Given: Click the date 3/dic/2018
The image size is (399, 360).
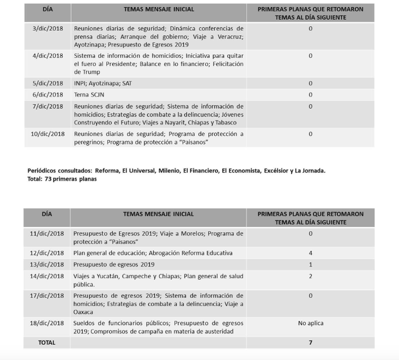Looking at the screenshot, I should click(x=47, y=28).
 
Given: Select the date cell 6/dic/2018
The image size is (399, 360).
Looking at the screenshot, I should click(x=47, y=94).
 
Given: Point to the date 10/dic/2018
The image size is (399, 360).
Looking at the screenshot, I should click(x=47, y=134).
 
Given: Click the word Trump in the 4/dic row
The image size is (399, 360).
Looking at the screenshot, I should click(x=82, y=71).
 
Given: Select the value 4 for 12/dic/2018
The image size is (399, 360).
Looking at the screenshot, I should click(x=310, y=253).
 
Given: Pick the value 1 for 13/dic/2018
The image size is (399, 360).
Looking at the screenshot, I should click(x=310, y=265).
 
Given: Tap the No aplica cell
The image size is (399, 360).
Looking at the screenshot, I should click(x=310, y=323).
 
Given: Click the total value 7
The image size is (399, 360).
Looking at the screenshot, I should click(x=310, y=342).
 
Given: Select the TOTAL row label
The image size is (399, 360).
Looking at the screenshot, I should click(x=46, y=342).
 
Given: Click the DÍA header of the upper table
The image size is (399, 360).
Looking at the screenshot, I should click(x=47, y=9).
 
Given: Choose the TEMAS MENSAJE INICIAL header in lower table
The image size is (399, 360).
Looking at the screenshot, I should click(x=158, y=214).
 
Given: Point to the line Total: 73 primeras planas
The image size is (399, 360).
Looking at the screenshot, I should click(x=62, y=179).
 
